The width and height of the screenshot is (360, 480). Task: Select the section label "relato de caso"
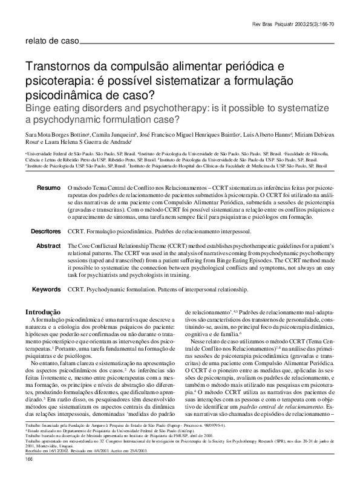50,41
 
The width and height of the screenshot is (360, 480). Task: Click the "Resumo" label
49,189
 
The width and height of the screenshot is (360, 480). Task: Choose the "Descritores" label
46,232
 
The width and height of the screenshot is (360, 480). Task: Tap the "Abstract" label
48,246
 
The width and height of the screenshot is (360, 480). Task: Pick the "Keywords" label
47,290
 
